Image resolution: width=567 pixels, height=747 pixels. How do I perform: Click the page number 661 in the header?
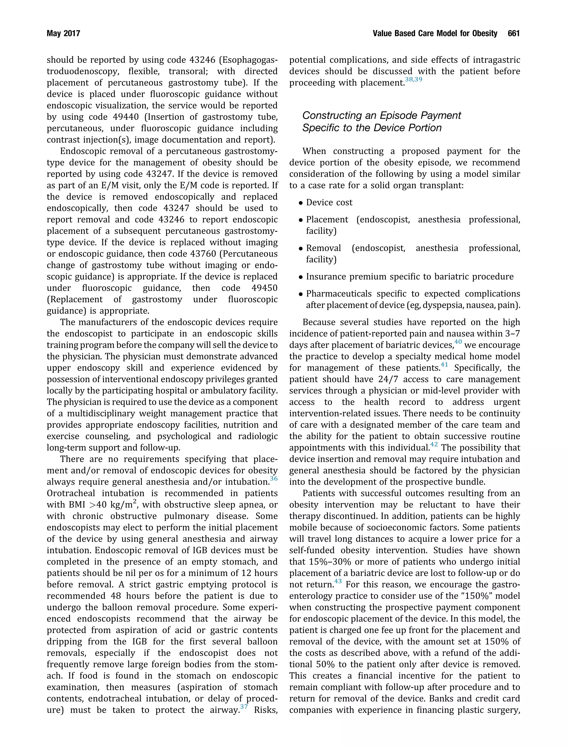point(513,33)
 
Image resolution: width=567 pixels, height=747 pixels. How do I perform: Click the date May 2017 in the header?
point(63,33)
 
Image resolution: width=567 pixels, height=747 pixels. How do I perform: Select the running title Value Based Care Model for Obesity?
point(435,33)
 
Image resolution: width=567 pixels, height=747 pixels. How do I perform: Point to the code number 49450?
point(264,288)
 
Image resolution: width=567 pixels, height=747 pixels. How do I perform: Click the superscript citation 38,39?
point(413,80)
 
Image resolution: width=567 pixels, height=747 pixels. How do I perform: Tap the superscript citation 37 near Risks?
point(244,707)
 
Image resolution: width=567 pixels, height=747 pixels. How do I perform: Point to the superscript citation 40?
point(458,342)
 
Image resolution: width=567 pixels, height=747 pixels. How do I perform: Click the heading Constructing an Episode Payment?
point(381,115)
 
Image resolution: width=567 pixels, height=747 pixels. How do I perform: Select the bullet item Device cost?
point(329,203)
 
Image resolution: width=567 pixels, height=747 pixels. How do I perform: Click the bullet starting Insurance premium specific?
point(409,277)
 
